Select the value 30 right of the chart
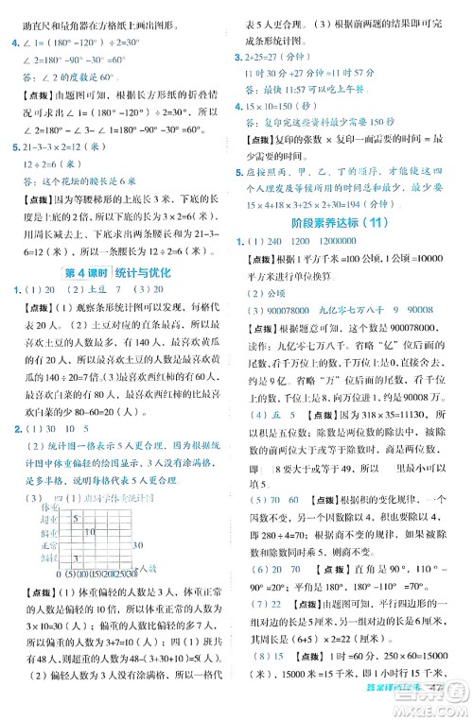[138, 544]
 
